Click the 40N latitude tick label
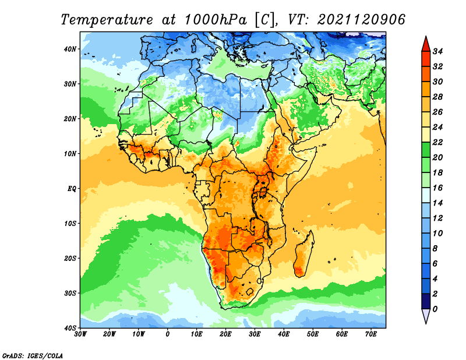click(70, 49)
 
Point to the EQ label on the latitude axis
click(72, 189)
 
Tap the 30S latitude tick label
click(70, 293)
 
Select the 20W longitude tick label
click(109, 334)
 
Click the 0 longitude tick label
click(168, 334)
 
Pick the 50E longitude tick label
click(313, 334)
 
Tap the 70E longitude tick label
click(371, 334)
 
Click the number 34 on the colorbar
click(437, 51)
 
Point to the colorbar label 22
click(437, 142)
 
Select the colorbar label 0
click(435, 309)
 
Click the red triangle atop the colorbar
click(426, 44)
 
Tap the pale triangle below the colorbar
click(426, 316)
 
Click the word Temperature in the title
click(107, 20)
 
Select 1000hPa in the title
click(216, 20)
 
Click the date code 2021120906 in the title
click(361, 20)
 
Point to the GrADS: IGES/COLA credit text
click(33, 356)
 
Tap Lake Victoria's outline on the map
click(263, 192)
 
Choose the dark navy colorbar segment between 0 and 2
click(426, 301)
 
